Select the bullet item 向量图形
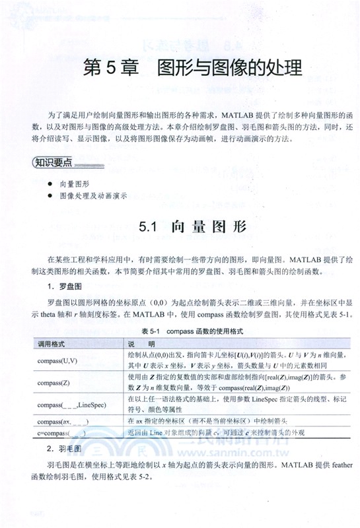coord(74,183)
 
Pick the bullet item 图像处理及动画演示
coord(92,195)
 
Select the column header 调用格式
coord(50,343)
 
